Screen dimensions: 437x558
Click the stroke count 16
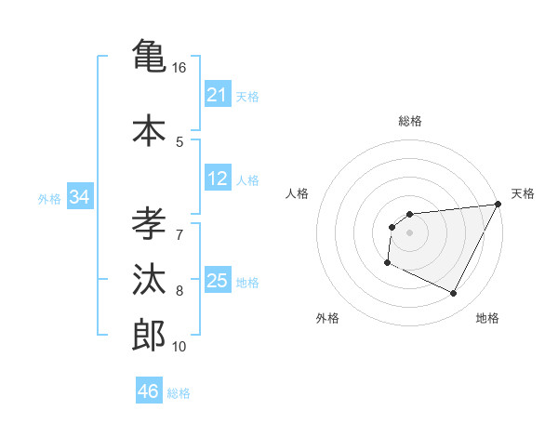(179, 68)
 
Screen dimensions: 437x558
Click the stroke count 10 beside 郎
(179, 347)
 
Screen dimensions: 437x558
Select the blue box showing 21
(217, 95)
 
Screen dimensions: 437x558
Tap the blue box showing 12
(217, 179)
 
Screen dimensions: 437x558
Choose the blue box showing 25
(217, 281)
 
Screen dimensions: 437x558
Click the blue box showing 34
(80, 197)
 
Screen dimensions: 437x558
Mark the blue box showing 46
(148, 391)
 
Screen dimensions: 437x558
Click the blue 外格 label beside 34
(49, 198)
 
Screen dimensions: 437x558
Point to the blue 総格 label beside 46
(179, 392)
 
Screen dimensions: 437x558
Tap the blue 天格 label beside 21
(247, 96)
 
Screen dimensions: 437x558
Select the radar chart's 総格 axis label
(409, 121)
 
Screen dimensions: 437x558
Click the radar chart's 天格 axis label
(523, 193)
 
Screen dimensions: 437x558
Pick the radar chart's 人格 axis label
(298, 193)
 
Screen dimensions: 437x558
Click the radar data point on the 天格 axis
(498, 205)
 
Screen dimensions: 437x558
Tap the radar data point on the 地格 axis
(454, 294)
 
